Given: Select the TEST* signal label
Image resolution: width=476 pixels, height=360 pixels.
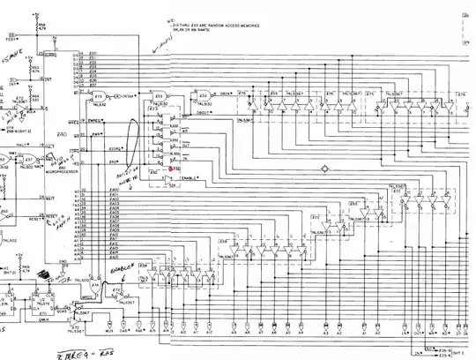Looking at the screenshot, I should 14,40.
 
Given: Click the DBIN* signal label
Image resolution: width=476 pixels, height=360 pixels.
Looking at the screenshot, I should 225,94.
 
